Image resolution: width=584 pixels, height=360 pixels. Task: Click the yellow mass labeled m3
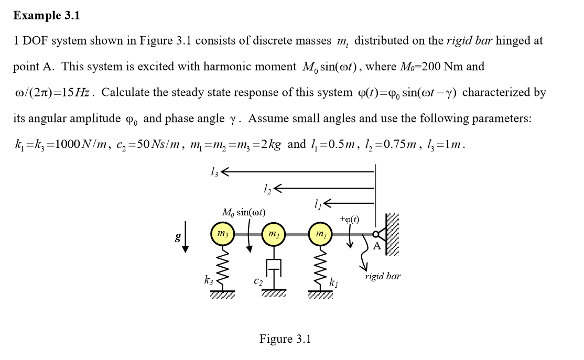click(223, 233)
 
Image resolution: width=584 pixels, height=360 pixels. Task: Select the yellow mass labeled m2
click(273, 233)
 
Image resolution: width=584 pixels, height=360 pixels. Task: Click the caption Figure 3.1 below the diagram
click(285, 339)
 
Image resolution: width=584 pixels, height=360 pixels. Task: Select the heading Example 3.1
click(47, 16)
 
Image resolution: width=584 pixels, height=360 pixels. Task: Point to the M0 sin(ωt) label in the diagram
click(244, 212)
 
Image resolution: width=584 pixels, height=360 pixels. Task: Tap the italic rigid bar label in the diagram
click(383, 276)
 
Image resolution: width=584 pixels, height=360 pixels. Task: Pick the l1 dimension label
click(317, 203)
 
